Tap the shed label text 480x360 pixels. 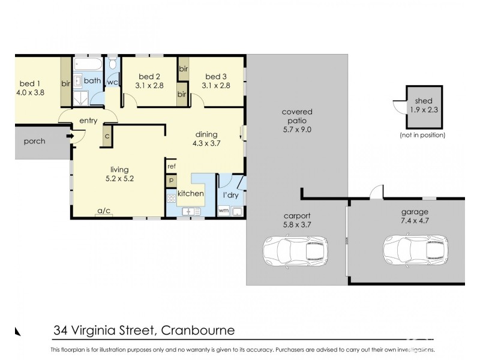tap(424, 102)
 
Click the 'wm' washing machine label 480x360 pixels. tap(223, 211)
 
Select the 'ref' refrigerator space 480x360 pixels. tap(171, 166)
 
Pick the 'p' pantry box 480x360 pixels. tap(171, 179)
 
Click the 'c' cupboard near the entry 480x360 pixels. tap(107, 134)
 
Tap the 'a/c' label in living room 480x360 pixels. tap(103, 211)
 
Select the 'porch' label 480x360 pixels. tap(34, 142)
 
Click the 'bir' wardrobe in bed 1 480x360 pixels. tap(65, 83)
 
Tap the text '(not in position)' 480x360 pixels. tap(422, 135)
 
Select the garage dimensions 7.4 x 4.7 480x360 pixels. tap(416, 221)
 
